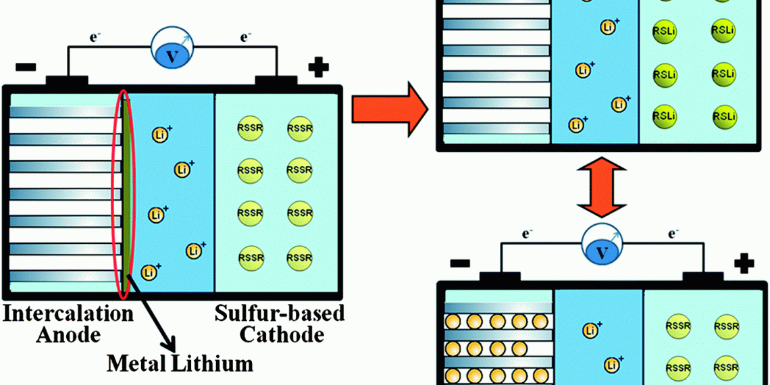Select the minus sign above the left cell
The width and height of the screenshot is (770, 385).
pyautogui.click(x=26, y=68)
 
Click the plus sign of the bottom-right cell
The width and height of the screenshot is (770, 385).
pyautogui.click(x=744, y=263)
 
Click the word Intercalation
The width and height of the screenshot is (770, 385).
pyautogui.click(x=68, y=314)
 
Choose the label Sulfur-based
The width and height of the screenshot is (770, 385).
pyautogui.click(x=280, y=313)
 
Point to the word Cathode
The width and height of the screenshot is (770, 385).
pyautogui.click(x=283, y=334)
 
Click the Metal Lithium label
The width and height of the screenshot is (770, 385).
pyautogui.click(x=179, y=364)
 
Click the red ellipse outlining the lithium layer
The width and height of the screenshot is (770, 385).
pyautogui.click(x=124, y=195)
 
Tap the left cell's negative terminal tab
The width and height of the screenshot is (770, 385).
pyautogui.click(x=66, y=81)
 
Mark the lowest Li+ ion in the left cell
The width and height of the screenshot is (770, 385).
pyautogui.click(x=149, y=272)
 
